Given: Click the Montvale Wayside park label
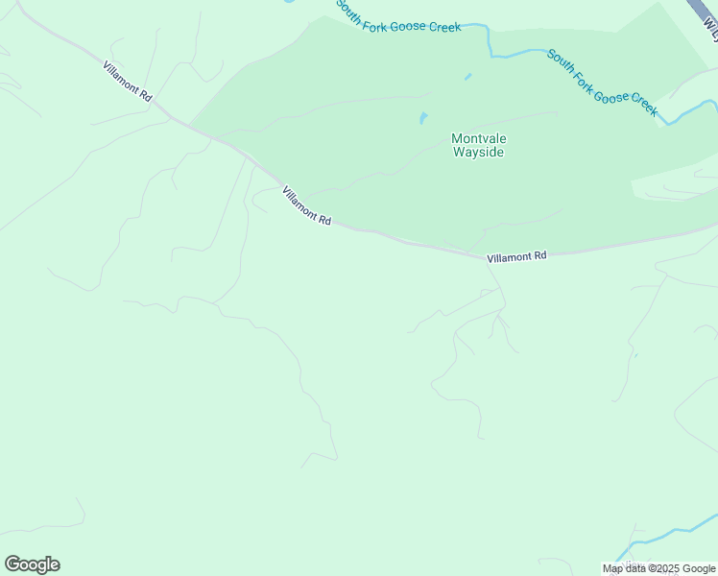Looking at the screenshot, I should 478,145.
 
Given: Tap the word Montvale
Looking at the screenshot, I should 478,138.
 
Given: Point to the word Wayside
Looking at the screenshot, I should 478,152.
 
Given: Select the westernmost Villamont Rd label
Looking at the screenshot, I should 128,82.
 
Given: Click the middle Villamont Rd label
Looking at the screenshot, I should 306,206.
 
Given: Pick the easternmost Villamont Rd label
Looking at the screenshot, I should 516,256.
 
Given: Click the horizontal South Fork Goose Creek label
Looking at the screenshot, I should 398,16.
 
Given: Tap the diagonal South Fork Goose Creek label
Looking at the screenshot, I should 602,83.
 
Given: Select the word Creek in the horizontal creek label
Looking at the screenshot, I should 443,26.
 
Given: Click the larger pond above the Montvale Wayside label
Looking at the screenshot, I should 422,119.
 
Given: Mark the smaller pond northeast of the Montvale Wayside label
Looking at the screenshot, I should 467,77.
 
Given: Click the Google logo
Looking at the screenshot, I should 32,564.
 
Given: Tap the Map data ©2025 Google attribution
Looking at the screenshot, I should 658,568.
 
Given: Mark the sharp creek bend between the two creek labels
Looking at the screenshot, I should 490,43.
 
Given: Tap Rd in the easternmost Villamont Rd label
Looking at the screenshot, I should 539,255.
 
